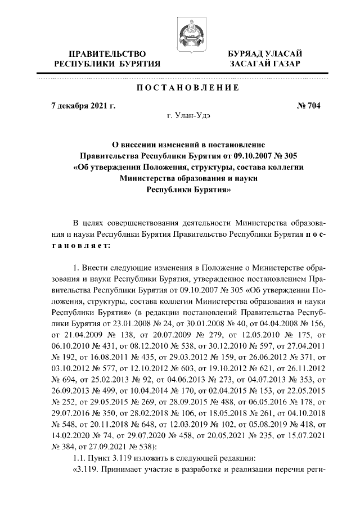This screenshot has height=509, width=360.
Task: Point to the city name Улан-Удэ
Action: point(190,116)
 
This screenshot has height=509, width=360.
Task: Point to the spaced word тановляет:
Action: point(83,245)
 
